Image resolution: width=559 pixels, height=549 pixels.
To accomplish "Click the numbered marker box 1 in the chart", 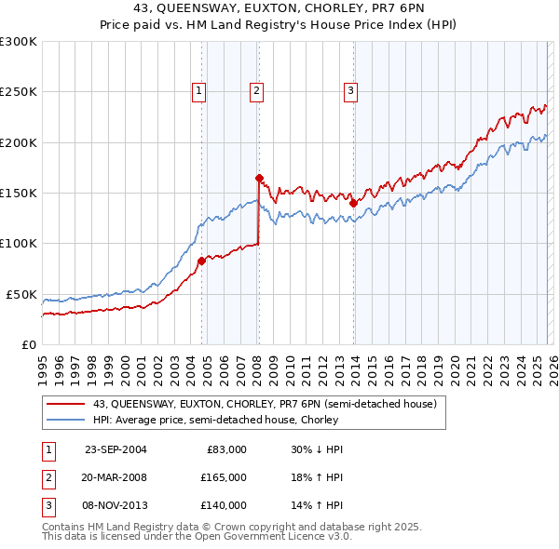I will click(200, 90).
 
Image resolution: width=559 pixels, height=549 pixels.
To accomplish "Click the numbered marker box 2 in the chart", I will click(256, 90).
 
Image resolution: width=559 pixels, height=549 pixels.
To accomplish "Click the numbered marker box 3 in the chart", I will click(350, 90).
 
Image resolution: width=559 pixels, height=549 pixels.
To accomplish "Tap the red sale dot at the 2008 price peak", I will click(259, 178).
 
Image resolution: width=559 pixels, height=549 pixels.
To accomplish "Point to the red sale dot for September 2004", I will click(202, 261).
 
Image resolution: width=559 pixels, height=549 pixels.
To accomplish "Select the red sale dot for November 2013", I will click(353, 203).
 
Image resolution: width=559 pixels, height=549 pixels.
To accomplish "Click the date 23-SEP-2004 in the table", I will click(116, 449).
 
